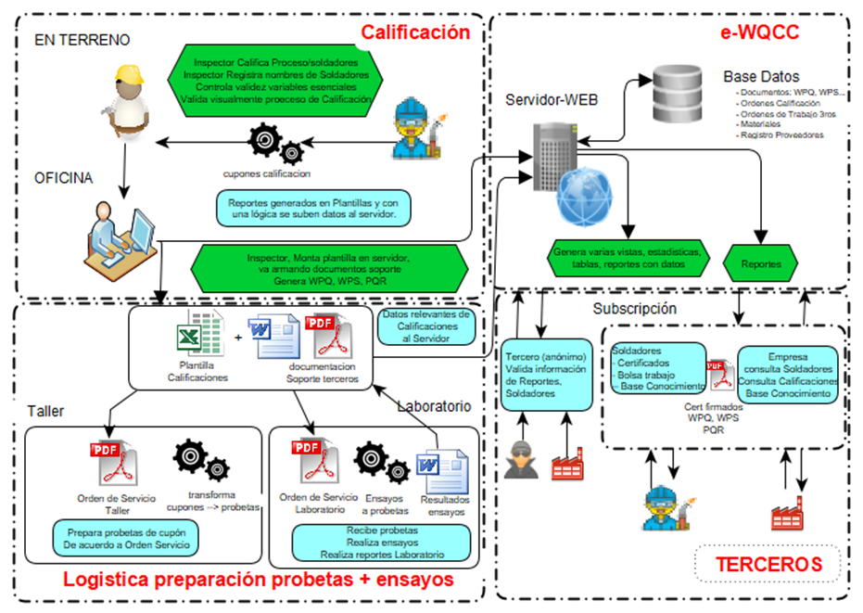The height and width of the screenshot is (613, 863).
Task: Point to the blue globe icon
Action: (582, 196)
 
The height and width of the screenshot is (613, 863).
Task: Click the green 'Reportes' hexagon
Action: (760, 263)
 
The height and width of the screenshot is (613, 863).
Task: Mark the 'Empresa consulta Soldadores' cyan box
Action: (788, 375)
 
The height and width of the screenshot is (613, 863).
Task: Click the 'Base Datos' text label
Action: (761, 76)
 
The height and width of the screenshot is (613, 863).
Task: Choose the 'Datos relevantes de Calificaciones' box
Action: (425, 326)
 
